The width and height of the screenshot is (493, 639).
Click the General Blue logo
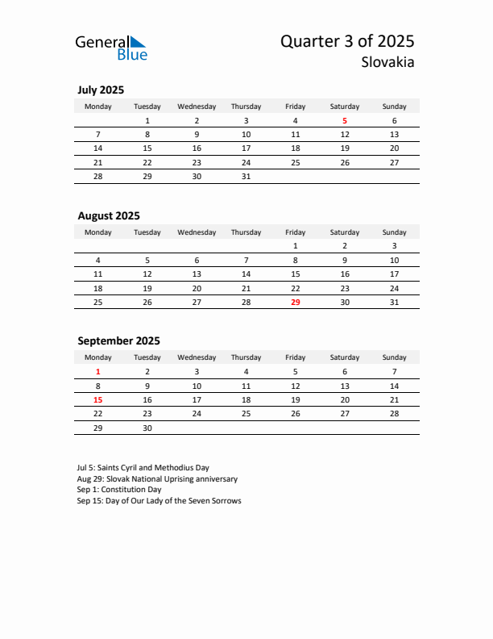tap(111, 48)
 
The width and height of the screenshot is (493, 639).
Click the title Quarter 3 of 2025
tap(347, 42)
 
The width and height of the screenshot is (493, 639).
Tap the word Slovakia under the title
tap(389, 62)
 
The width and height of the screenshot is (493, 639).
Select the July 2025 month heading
tap(101, 90)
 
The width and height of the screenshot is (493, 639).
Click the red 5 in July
tap(345, 121)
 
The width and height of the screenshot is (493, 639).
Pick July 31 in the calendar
tap(246, 176)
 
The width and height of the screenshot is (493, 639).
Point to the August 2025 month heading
tap(109, 215)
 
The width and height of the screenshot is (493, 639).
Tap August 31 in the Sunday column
tap(394, 302)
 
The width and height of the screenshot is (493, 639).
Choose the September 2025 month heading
tap(118, 340)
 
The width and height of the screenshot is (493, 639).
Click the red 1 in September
tap(98, 372)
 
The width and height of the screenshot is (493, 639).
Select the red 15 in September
tap(98, 399)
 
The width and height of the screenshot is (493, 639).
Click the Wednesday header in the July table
tap(197, 106)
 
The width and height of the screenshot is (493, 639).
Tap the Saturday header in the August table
tap(345, 232)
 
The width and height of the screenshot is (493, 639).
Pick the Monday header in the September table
tap(98, 357)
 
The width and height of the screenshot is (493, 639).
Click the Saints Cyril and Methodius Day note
tap(143, 467)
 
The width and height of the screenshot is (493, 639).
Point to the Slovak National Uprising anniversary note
tap(158, 478)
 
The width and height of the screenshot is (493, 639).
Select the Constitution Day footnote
tap(120, 490)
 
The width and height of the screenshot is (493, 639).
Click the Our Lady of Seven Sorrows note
tap(159, 501)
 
